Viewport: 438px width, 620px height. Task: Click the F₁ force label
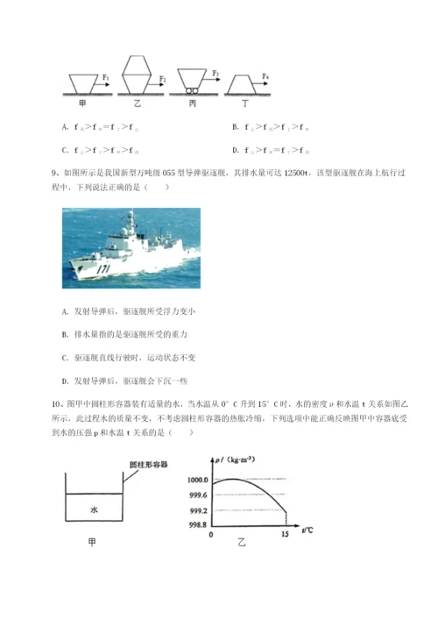(105, 77)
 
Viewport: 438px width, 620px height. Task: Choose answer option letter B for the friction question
(235, 126)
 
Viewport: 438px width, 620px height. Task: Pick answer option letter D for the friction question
(235, 148)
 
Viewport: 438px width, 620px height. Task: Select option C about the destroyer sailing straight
(66, 358)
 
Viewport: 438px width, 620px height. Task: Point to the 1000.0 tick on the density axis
(196, 481)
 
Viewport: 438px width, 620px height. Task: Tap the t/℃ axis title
(308, 529)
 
